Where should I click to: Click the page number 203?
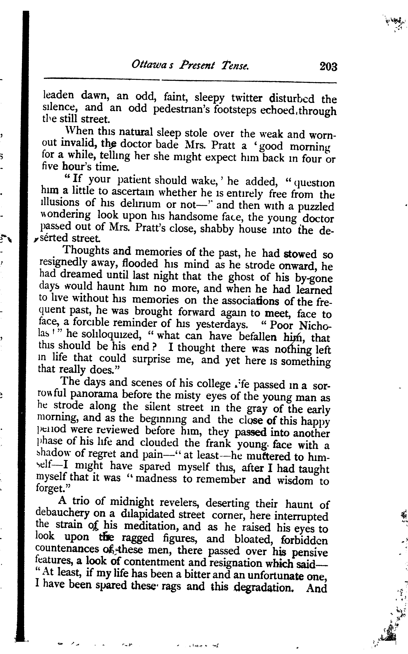click(x=328, y=66)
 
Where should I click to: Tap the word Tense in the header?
click(x=235, y=65)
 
